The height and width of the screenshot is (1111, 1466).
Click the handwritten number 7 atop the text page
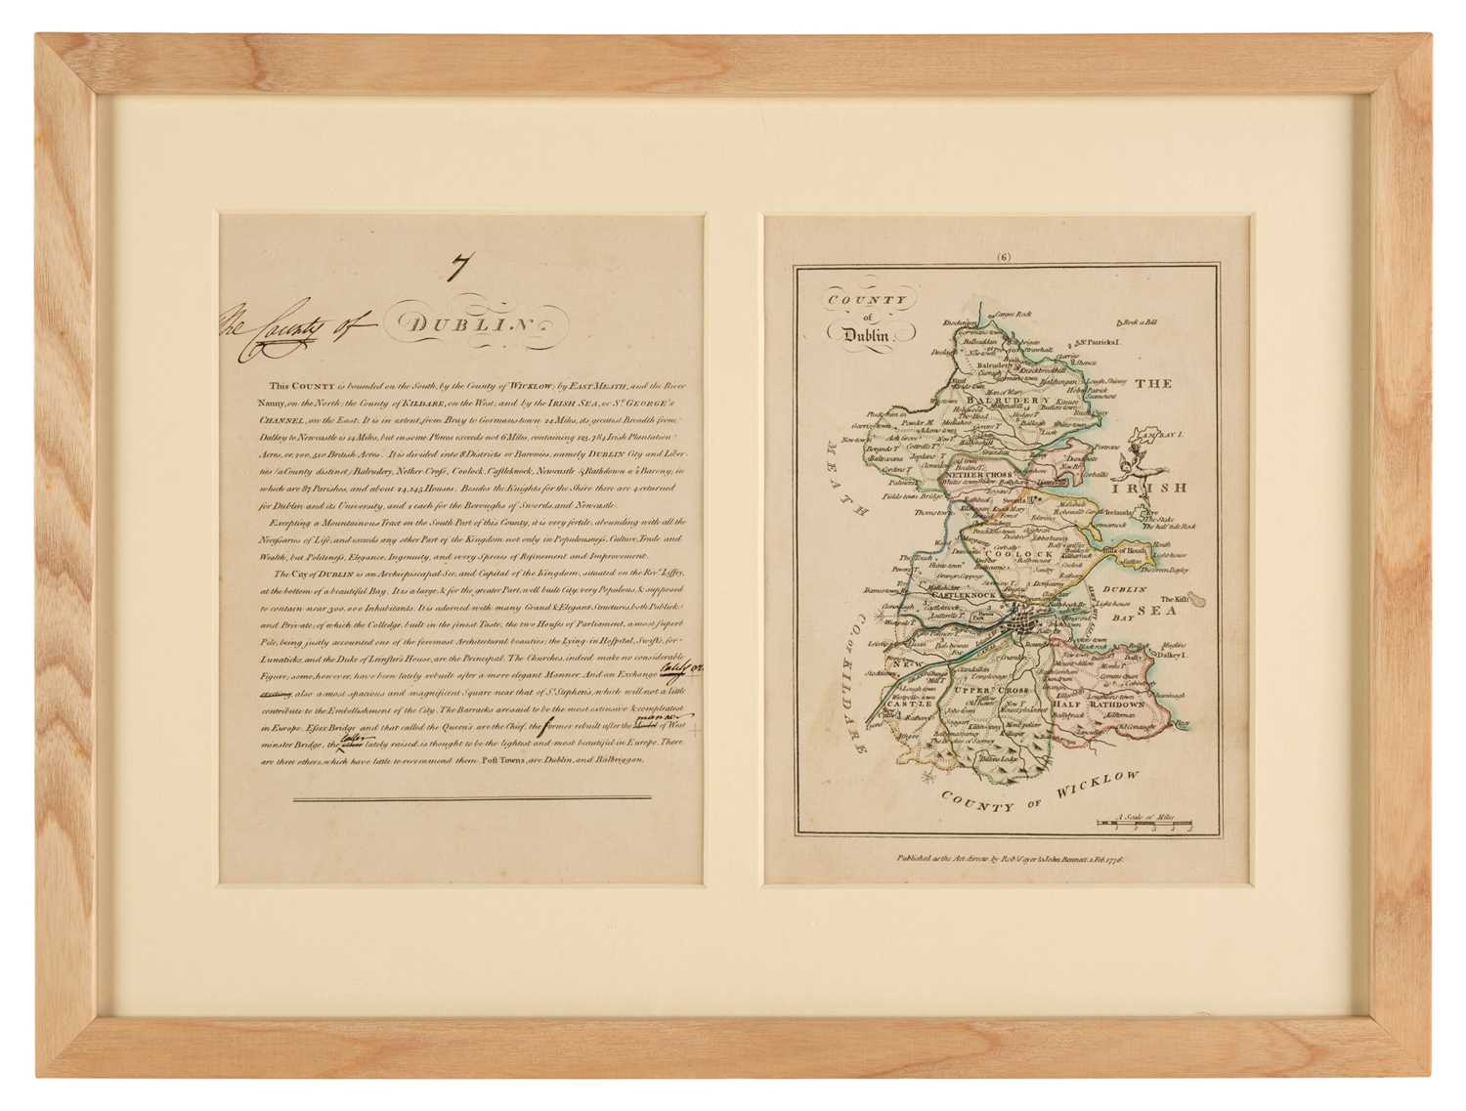(455, 266)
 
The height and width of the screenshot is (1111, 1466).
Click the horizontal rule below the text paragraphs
(459, 798)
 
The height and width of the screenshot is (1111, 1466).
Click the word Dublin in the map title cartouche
(860, 334)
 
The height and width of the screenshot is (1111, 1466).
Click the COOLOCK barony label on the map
(1027, 554)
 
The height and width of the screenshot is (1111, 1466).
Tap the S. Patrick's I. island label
(1099, 342)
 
